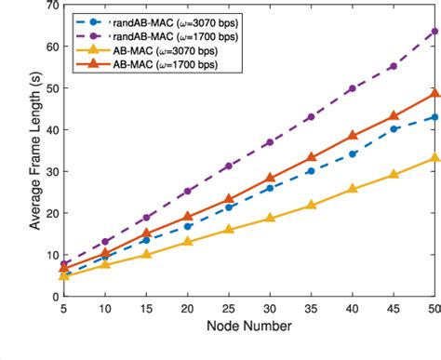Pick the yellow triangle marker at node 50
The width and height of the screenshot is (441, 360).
point(434,157)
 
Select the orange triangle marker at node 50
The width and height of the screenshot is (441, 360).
point(434,93)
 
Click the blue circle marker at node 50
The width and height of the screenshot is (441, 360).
point(434,117)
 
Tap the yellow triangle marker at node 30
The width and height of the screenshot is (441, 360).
point(270,218)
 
